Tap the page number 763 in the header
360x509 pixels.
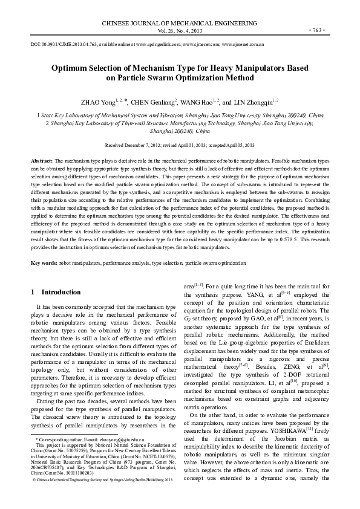[318, 30]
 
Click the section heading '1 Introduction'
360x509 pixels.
[56, 292]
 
